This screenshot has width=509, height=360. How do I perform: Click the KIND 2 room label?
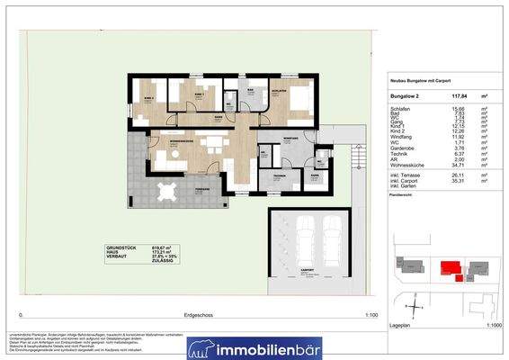click(x=149, y=98)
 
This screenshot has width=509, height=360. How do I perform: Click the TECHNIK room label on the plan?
click(x=279, y=176)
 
